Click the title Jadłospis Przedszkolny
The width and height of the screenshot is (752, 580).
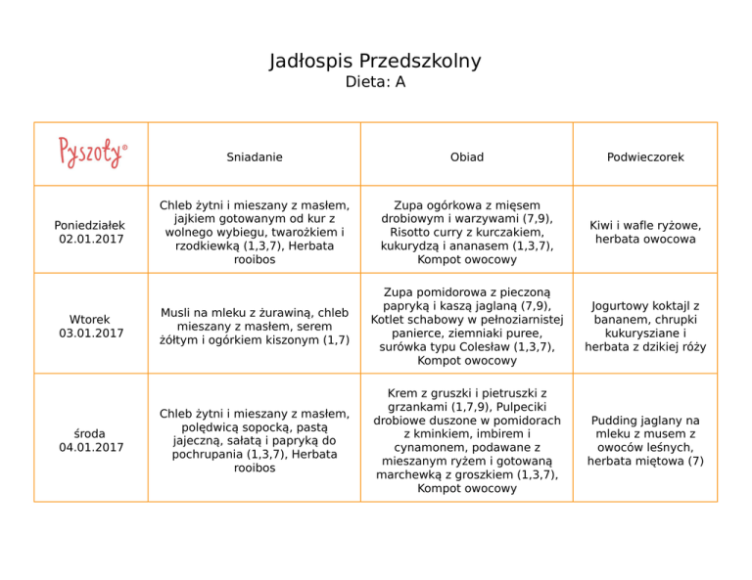375,62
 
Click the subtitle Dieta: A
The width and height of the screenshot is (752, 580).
375,83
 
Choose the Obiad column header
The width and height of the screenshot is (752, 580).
466,156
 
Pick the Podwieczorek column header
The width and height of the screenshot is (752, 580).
644,156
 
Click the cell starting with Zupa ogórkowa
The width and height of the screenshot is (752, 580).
466,232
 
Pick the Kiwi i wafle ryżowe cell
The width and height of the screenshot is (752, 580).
644,232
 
